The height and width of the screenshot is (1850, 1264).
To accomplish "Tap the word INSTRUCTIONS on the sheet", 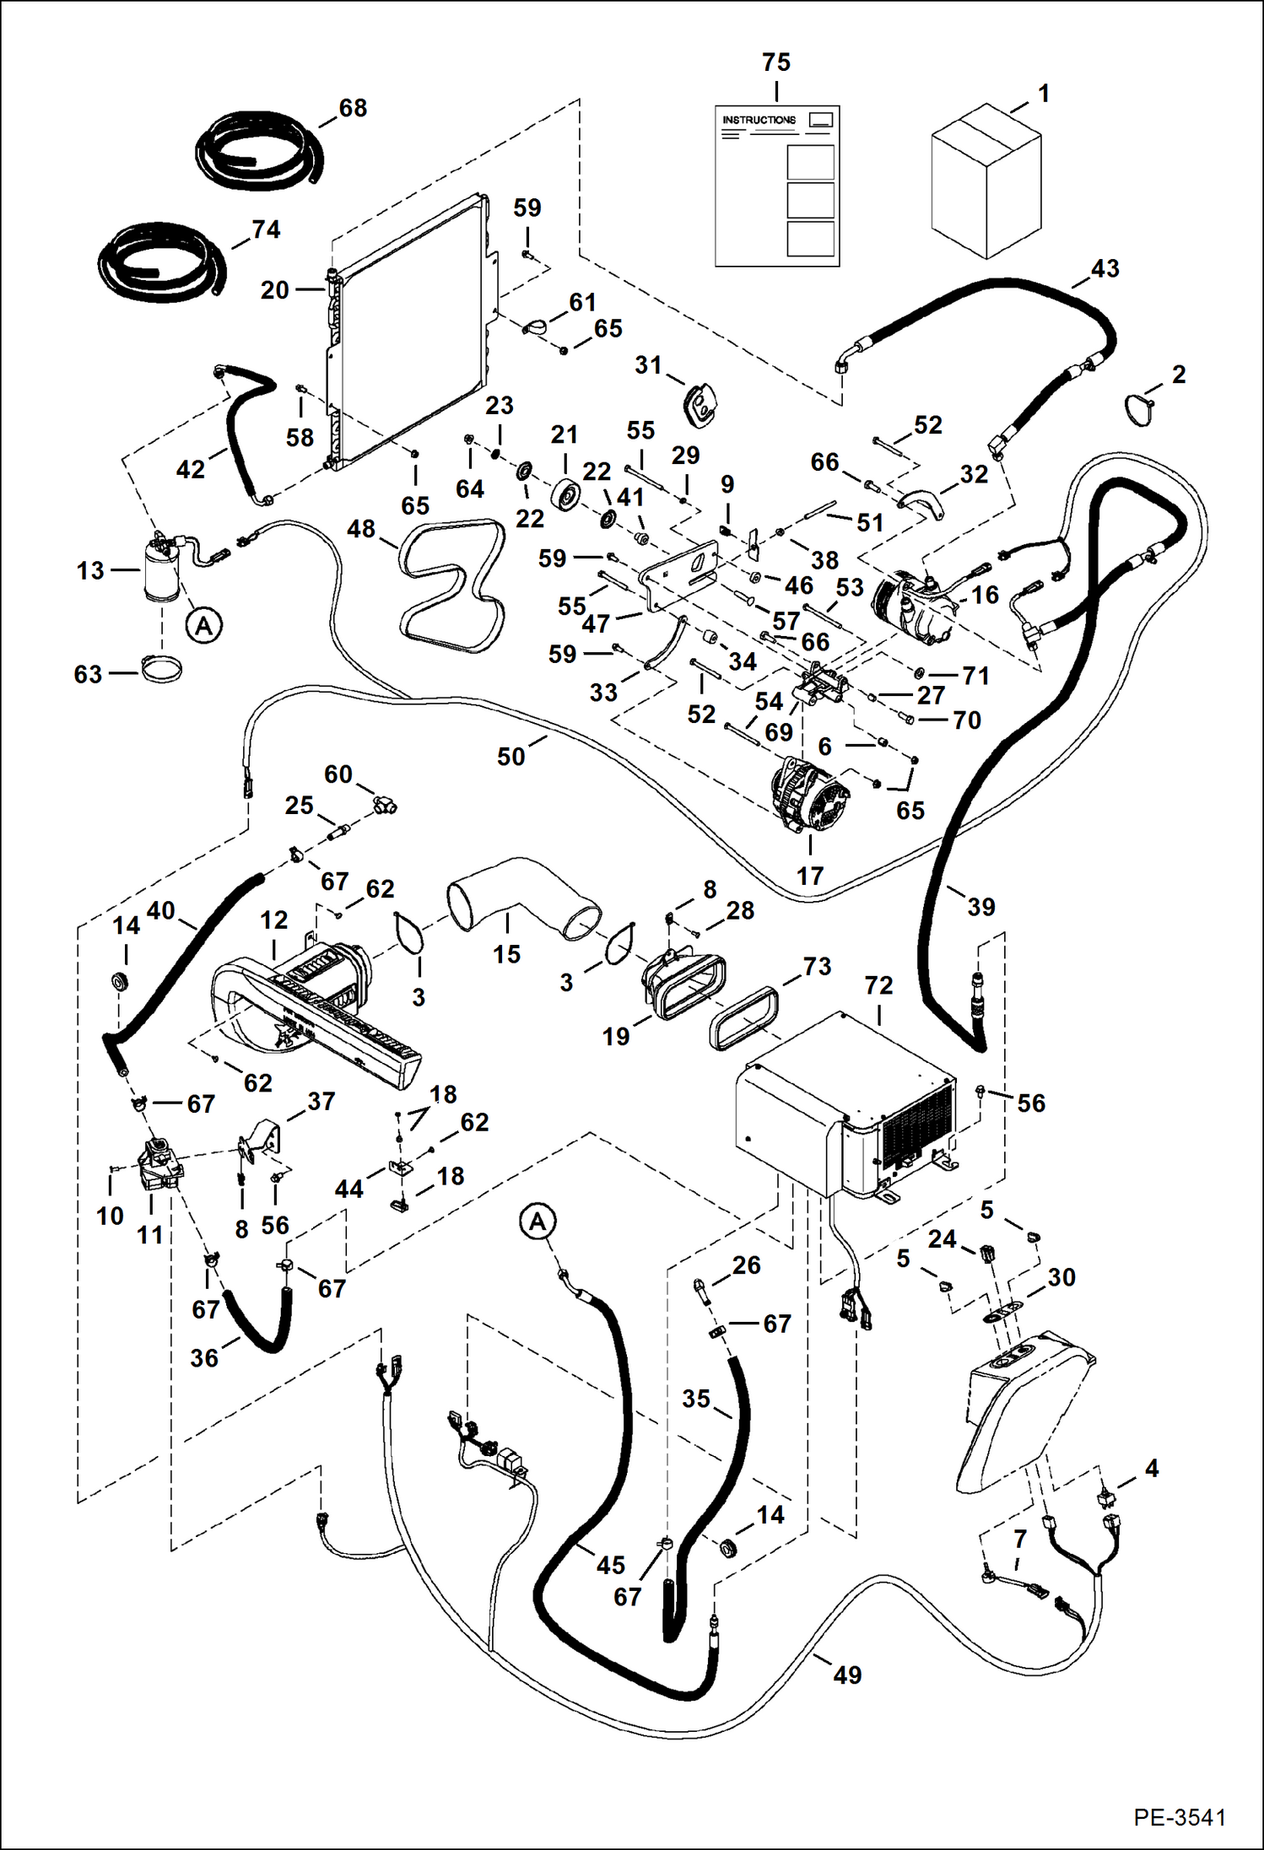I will [x=759, y=120].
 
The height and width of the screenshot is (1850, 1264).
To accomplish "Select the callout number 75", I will [x=775, y=62].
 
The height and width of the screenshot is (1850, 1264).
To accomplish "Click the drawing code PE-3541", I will [x=1179, y=1817].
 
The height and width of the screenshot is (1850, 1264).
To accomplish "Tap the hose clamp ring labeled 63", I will [x=161, y=672].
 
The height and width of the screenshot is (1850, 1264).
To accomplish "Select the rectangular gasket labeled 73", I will [x=743, y=1018].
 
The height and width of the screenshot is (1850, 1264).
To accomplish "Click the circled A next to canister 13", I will [x=203, y=626].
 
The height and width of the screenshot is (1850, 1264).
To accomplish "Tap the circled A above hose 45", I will [x=538, y=1222].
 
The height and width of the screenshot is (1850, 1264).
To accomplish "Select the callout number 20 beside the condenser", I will [x=274, y=290].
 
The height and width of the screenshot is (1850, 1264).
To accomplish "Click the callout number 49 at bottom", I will [x=847, y=1675].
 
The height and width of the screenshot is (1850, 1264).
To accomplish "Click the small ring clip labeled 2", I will [x=1140, y=410].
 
